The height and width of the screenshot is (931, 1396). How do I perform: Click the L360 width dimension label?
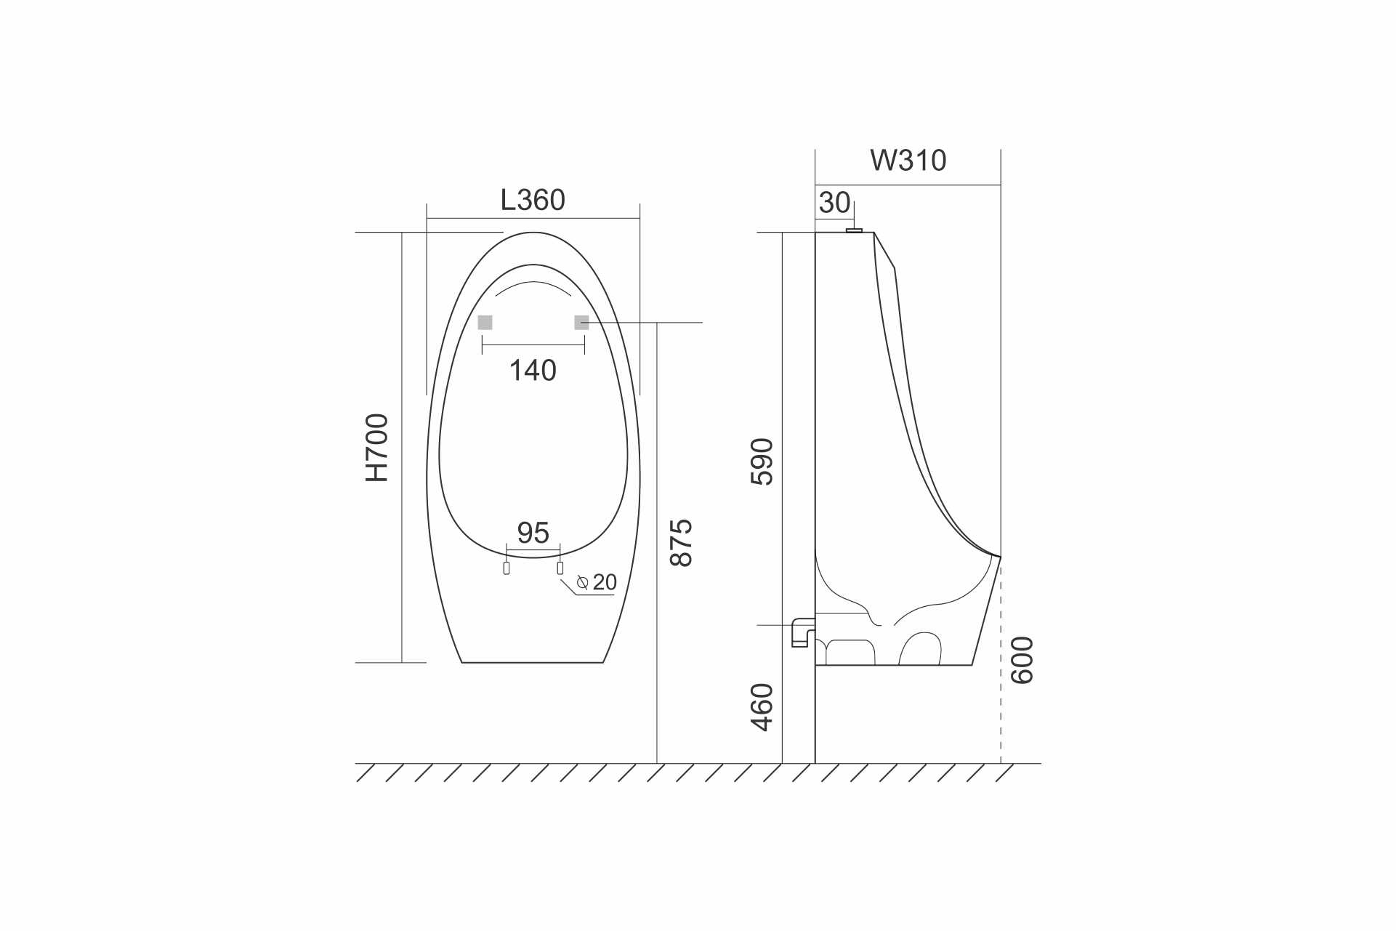click(x=533, y=200)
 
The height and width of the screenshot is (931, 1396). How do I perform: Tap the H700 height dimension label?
click(x=377, y=448)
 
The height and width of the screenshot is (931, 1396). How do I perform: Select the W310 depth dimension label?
click(x=908, y=161)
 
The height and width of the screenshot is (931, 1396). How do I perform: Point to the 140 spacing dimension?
click(x=533, y=371)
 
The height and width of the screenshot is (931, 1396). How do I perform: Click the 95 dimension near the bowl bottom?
click(x=533, y=533)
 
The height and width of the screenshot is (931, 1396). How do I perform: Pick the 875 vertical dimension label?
click(x=681, y=542)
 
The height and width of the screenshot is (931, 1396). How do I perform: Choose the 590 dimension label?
click(x=762, y=462)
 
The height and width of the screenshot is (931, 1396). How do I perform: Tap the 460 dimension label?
click(x=762, y=707)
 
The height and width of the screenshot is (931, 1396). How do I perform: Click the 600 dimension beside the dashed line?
click(x=1022, y=660)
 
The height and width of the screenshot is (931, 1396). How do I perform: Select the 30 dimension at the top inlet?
click(x=834, y=203)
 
